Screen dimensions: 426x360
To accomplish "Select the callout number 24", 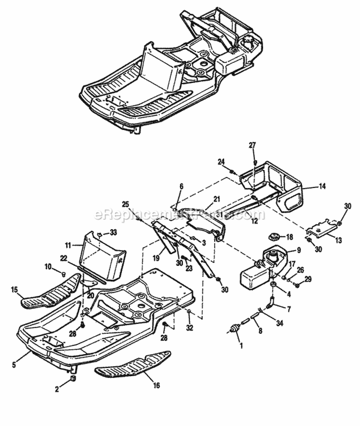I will (x=221, y=162).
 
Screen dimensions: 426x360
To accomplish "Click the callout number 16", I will (x=156, y=385).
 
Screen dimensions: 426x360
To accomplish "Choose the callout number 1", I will (x=240, y=344).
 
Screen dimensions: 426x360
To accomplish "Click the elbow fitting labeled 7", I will (x=273, y=303).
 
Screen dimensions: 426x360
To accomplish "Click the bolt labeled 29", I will (x=296, y=285).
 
